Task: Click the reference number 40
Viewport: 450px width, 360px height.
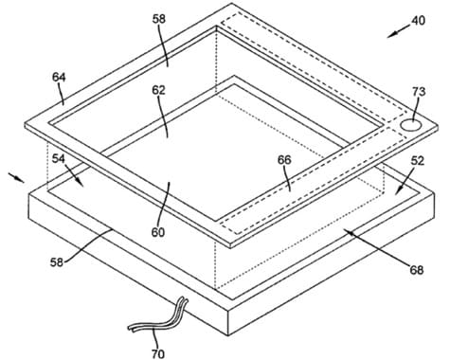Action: (x=418, y=21)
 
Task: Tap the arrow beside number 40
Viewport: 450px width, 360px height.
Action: (x=399, y=32)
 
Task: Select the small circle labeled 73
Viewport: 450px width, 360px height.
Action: (x=411, y=124)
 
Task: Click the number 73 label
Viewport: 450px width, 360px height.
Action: (x=419, y=92)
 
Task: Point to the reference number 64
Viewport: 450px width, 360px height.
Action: (x=59, y=77)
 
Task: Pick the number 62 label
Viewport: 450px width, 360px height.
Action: (x=158, y=90)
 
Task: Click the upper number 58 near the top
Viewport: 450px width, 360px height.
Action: (x=158, y=19)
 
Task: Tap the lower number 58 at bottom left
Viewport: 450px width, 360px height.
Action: (x=57, y=262)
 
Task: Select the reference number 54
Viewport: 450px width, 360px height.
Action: (x=59, y=158)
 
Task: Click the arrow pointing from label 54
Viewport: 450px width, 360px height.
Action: (x=75, y=175)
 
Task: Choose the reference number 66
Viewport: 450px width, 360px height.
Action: (x=284, y=160)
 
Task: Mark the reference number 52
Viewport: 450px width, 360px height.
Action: (x=417, y=161)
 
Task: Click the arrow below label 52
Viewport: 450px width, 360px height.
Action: (x=405, y=182)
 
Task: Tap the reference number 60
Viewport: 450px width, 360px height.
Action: (x=158, y=232)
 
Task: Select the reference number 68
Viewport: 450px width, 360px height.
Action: (x=416, y=270)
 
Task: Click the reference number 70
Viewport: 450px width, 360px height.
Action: (x=158, y=353)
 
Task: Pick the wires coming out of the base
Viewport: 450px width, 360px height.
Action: (x=159, y=318)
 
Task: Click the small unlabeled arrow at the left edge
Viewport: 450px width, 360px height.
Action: (x=17, y=177)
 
